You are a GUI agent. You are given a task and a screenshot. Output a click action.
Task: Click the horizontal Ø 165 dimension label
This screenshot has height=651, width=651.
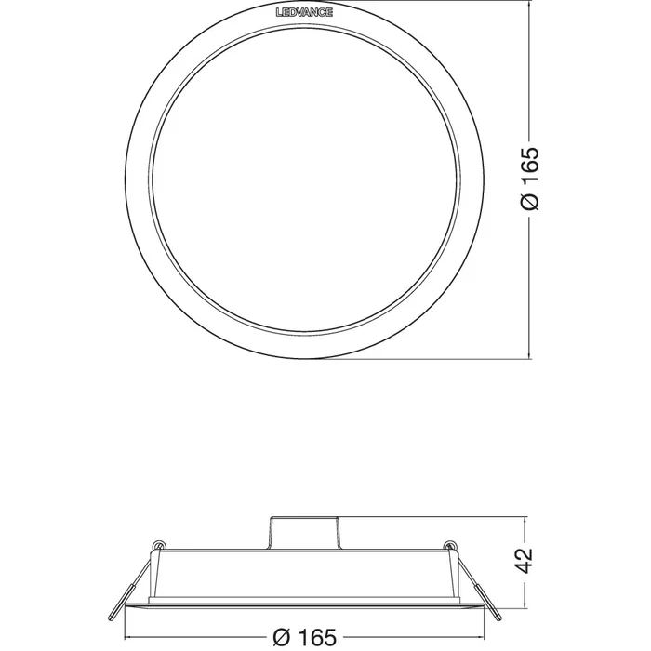[x=305, y=637]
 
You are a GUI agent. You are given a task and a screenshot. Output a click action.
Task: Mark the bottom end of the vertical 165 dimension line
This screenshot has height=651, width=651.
[x=531, y=358]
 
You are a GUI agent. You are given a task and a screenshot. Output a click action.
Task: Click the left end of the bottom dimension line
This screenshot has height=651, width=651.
[x=127, y=637]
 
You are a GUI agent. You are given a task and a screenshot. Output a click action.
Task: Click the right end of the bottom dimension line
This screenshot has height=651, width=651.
[x=482, y=637]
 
